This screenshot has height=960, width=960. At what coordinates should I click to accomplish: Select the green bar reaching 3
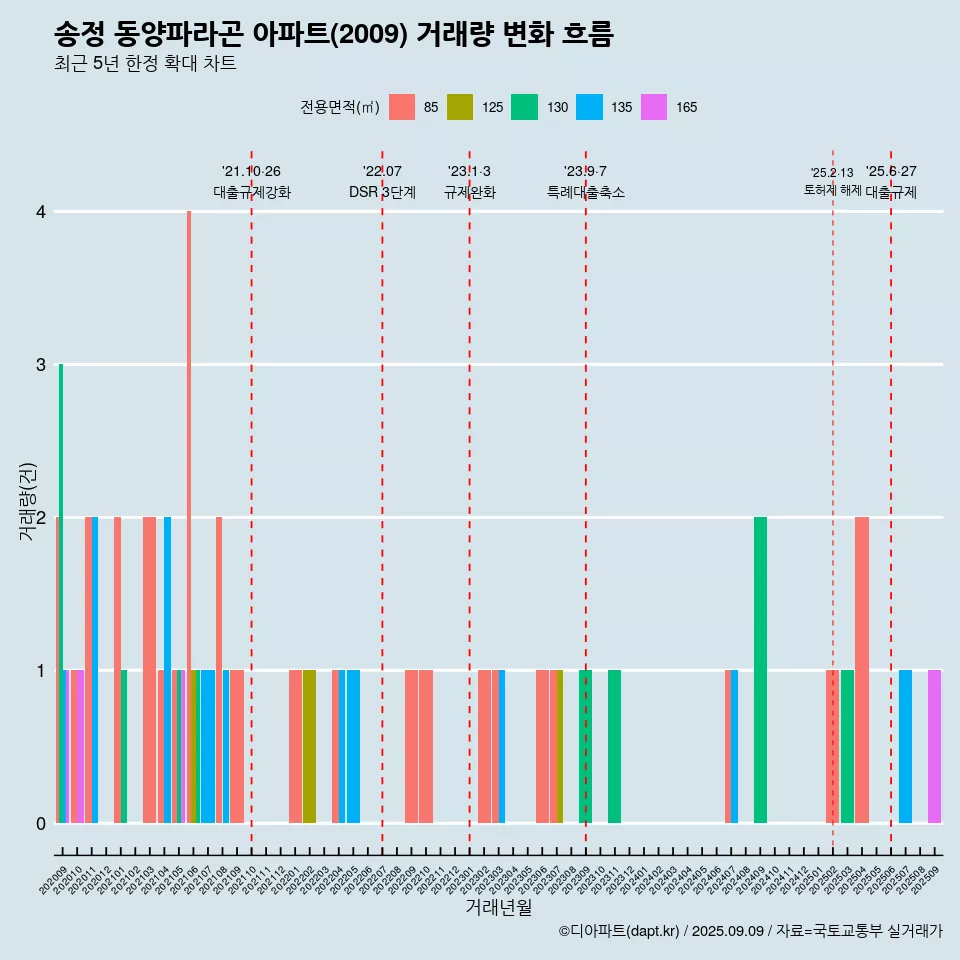tap(61, 590)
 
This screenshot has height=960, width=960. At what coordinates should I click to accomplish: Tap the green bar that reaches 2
tap(761, 670)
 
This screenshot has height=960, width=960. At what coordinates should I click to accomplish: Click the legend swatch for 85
tap(402, 107)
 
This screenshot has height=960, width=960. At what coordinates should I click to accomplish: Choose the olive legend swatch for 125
tap(460, 107)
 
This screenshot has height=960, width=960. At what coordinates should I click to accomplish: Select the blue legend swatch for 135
tap(590, 107)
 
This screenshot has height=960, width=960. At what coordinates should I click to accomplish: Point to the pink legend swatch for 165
tap(654, 107)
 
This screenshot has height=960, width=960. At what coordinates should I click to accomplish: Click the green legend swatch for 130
tap(525, 107)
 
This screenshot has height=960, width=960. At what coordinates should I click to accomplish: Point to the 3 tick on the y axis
tap(41, 365)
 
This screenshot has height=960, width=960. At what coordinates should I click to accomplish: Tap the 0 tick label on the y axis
tap(41, 824)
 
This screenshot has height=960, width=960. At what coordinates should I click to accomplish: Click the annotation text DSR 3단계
tap(382, 192)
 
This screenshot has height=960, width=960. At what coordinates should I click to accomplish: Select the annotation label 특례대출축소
tap(586, 192)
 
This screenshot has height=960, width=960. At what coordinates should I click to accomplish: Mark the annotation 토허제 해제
tap(832, 190)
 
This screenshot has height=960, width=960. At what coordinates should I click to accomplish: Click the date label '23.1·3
tap(469, 171)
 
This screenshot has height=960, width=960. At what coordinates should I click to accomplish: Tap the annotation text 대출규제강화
tap(252, 192)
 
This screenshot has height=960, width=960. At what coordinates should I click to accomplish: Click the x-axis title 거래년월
tap(498, 908)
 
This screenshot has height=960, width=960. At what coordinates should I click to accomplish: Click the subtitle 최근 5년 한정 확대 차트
tap(146, 64)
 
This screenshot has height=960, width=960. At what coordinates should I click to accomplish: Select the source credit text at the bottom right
tap(750, 931)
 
